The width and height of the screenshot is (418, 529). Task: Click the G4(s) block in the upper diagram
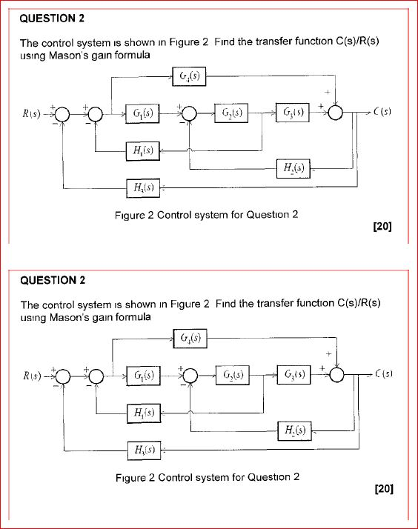[x=190, y=75]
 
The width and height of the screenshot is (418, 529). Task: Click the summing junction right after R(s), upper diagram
[x=62, y=113]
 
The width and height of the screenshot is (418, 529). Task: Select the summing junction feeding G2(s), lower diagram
[x=190, y=376]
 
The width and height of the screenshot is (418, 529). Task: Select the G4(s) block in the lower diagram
[x=190, y=338]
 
